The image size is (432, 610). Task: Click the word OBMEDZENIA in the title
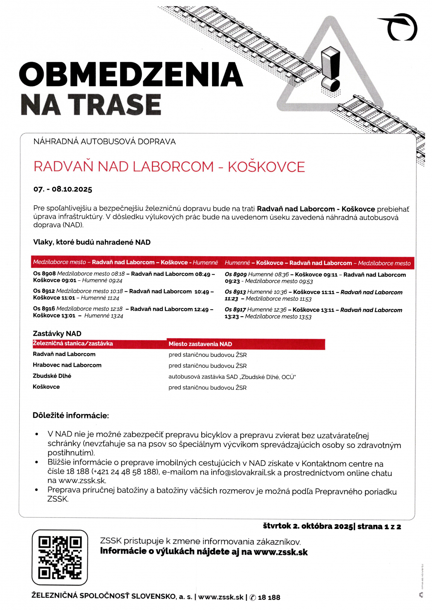click(x=131, y=74)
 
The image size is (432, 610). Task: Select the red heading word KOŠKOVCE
click(x=266, y=167)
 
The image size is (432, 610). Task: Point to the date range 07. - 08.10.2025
click(x=63, y=189)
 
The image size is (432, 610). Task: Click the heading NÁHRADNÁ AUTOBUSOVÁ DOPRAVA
click(x=104, y=142)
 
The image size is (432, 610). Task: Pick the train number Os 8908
click(x=44, y=274)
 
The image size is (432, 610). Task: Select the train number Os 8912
click(x=44, y=291)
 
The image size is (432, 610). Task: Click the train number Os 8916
click(x=44, y=309)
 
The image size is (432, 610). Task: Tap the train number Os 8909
click(x=236, y=275)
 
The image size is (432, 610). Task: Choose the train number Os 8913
click(x=235, y=292)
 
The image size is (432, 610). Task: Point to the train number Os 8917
click(x=235, y=310)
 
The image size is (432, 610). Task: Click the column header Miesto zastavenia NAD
click(x=200, y=344)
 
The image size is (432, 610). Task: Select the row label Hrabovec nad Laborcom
click(x=67, y=365)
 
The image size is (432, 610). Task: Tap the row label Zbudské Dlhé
click(x=52, y=376)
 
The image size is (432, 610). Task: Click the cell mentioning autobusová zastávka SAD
click(x=232, y=377)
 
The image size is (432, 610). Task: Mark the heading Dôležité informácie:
click(x=71, y=416)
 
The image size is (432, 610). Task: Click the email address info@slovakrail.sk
click(x=243, y=473)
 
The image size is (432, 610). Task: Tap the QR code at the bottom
click(x=60, y=557)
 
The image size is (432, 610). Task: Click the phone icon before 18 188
click(x=253, y=598)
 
